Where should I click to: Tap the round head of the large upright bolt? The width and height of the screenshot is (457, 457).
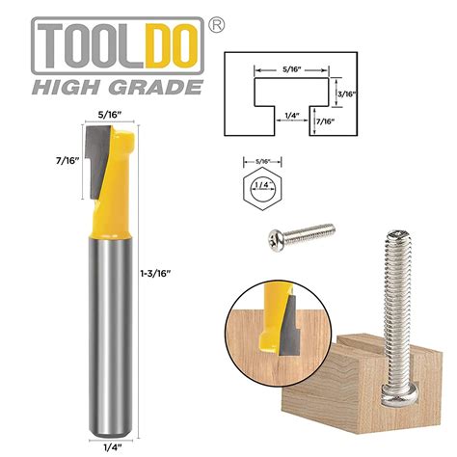pyautogui.click(x=398, y=390)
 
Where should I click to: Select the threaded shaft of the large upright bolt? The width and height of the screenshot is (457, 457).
pyautogui.click(x=400, y=309)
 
